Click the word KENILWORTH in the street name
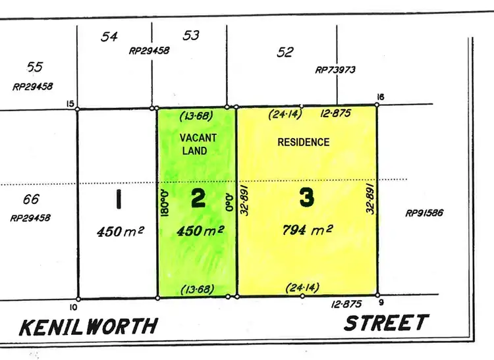tap(89, 326)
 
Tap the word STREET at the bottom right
tap(386, 323)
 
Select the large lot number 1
tap(118, 199)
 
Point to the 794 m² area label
tap(306, 230)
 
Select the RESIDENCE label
tap(303, 141)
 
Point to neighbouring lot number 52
tap(285, 52)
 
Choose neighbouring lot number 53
tap(191, 35)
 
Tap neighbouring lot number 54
tap(109, 37)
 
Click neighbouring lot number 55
tap(34, 66)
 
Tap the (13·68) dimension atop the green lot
tap(196, 117)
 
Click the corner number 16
tap(380, 97)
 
